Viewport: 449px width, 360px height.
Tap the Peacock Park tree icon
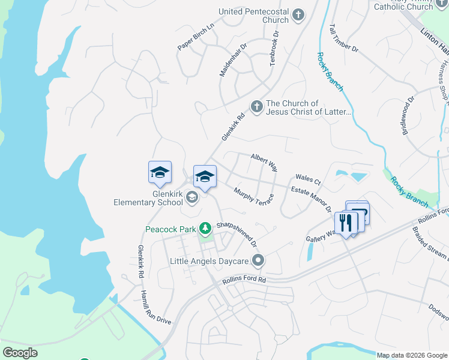(x=205, y=228)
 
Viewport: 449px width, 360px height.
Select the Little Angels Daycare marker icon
(x=259, y=260)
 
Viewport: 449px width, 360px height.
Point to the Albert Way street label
(x=264, y=162)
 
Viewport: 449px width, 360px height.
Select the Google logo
(x=20, y=353)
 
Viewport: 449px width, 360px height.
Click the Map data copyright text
(x=412, y=355)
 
